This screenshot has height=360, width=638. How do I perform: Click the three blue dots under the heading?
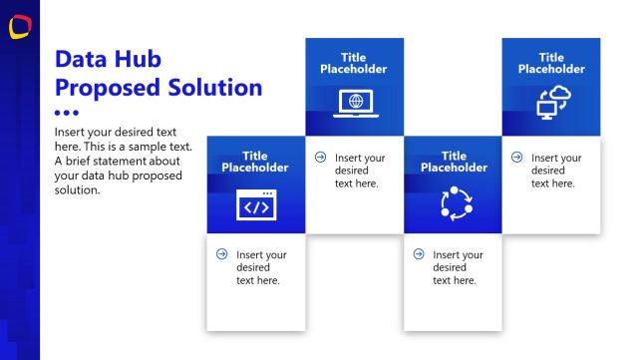(x=66, y=113)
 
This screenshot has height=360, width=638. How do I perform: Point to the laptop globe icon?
(x=354, y=102)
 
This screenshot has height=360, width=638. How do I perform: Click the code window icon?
(x=256, y=204)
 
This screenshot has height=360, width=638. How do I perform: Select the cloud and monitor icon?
(x=550, y=102)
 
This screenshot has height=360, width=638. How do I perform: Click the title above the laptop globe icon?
(x=354, y=63)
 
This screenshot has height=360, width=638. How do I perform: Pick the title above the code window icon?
(x=255, y=162)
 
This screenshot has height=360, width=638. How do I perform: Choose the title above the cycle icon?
(x=454, y=162)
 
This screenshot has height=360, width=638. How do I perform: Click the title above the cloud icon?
(x=551, y=63)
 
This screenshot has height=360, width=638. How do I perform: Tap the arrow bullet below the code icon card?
(x=221, y=254)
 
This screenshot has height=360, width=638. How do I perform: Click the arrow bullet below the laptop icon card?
(x=320, y=157)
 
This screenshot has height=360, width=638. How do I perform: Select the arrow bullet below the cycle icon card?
(x=418, y=254)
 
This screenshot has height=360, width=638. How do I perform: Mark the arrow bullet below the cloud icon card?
(x=516, y=157)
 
